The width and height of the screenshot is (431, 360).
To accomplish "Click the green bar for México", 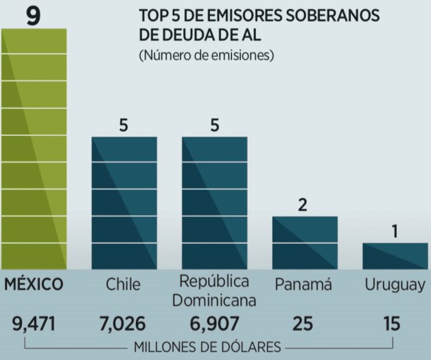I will coord(34,148).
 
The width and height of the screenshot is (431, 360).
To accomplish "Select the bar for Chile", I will coord(124,203).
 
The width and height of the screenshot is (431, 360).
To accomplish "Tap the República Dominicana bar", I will coord(214,203).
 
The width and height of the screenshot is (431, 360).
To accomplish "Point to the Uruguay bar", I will coord(395,256).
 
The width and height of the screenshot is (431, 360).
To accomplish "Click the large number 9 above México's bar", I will coord(33,14).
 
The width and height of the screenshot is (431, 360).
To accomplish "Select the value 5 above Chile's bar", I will coord(124,126).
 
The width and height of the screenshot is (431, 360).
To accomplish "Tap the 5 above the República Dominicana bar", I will coord(214,126).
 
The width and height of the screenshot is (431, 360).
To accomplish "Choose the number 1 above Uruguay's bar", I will coord(395,232).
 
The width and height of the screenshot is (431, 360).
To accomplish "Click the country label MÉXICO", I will coord(34,284).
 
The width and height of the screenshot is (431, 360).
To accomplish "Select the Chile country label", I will coord(124,284).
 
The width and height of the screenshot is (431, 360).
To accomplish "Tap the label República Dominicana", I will coord(214,291).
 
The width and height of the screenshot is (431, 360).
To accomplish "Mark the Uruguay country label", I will coord(395,285).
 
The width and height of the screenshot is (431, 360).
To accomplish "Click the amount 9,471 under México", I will coord(34,322).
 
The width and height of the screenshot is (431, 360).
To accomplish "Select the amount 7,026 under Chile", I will coord(124,322).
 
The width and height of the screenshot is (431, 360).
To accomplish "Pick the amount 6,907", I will coord(214,322).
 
